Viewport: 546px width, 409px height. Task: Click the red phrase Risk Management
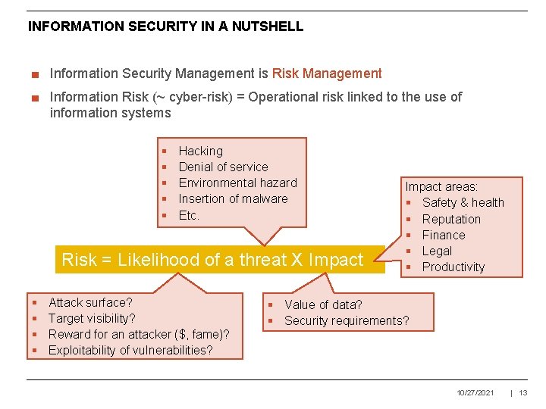[x=327, y=73]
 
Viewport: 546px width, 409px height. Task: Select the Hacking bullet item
[x=200, y=151]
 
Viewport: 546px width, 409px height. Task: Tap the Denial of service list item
[x=223, y=167]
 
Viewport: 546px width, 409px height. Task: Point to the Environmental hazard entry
[x=237, y=183]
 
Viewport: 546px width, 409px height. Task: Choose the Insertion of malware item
[x=233, y=198]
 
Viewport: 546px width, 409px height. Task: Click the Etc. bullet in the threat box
[x=189, y=215]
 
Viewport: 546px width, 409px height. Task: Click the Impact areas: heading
[x=441, y=186]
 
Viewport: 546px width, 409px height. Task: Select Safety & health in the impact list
[x=463, y=202]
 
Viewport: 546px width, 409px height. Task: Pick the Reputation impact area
[x=451, y=219]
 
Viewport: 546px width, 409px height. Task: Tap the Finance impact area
[x=444, y=235]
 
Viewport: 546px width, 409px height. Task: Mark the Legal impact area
[x=437, y=251]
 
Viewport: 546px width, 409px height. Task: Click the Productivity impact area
[x=453, y=267]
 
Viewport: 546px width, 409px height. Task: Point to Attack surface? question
[x=90, y=302]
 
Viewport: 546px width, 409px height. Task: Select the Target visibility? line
[x=92, y=318]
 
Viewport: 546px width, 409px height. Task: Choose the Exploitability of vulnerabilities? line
[x=130, y=350]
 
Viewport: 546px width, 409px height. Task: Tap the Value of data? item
[x=323, y=304]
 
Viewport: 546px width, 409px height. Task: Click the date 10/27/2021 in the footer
[x=475, y=392]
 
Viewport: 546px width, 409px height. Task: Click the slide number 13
[x=523, y=392]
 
